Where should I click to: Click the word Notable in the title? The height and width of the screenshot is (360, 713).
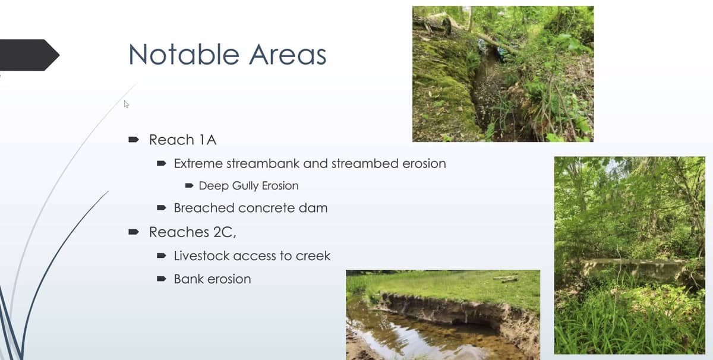coord(184,55)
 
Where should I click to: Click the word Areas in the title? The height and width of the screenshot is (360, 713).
coord(288,55)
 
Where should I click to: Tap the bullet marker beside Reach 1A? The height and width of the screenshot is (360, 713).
coord(134,140)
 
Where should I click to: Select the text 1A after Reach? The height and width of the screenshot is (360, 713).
coord(208,140)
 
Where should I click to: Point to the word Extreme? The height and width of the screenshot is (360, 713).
coord(198,163)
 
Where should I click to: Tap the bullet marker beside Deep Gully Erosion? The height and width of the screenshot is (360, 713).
coord(190,185)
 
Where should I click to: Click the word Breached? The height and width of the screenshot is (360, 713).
coord(204,208)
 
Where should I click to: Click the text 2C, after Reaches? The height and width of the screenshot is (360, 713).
coord(225,232)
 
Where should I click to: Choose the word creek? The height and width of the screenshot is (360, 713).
coord(313,255)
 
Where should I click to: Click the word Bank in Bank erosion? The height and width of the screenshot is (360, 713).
coord(189,279)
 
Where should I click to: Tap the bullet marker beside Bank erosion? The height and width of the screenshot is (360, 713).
coord(162,279)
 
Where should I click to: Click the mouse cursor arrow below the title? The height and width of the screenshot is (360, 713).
coord(127,104)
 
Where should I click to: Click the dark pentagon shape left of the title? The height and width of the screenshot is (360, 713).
coord(29,55)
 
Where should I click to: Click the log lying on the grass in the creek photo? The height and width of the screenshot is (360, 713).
coord(506,279)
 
